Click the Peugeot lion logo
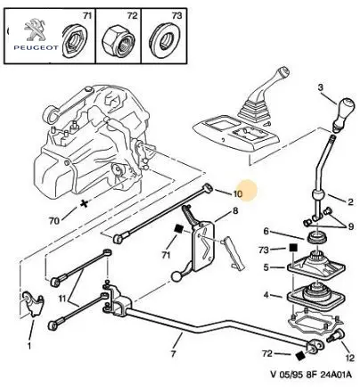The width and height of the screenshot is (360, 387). click(x=34, y=29)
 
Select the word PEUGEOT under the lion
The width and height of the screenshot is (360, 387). click(x=36, y=47)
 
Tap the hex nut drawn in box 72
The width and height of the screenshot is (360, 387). click(x=119, y=40)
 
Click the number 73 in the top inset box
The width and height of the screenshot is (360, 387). click(x=176, y=15)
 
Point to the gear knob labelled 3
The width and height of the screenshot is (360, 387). click(x=343, y=114)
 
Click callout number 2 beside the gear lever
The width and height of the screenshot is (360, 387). click(x=350, y=202)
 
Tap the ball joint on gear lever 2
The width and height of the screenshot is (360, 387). click(x=318, y=196)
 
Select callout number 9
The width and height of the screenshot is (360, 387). click(x=351, y=226)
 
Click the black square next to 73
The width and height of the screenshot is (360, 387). click(x=293, y=248)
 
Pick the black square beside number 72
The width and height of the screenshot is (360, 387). click(x=300, y=356)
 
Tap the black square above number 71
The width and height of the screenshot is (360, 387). click(x=179, y=229)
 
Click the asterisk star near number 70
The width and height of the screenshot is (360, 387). click(x=85, y=203)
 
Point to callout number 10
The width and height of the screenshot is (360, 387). click(x=237, y=193)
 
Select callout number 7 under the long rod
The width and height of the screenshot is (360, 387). click(x=173, y=354)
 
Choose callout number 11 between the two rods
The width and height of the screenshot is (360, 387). click(x=61, y=298)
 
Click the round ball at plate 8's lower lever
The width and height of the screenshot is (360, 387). click(x=176, y=276)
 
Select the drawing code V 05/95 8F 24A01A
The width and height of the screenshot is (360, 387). click(x=311, y=375)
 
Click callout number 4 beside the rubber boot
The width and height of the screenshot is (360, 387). click(x=266, y=295)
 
